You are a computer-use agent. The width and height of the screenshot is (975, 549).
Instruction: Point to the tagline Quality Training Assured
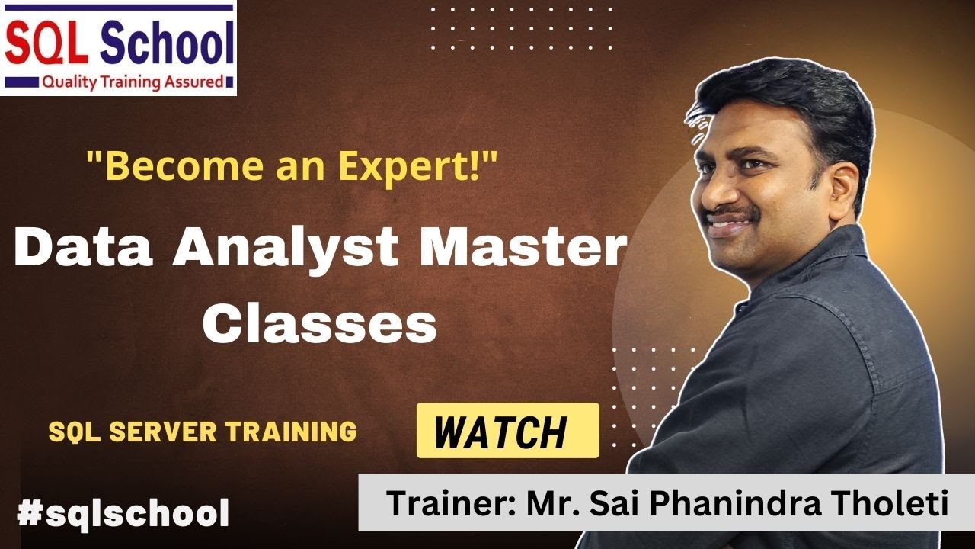point(133,82)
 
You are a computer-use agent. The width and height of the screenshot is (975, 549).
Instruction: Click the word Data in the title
point(82,249)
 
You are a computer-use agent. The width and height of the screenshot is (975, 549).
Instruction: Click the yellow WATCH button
point(507,431)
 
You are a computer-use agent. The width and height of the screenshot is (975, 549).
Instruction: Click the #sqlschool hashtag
point(123,514)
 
